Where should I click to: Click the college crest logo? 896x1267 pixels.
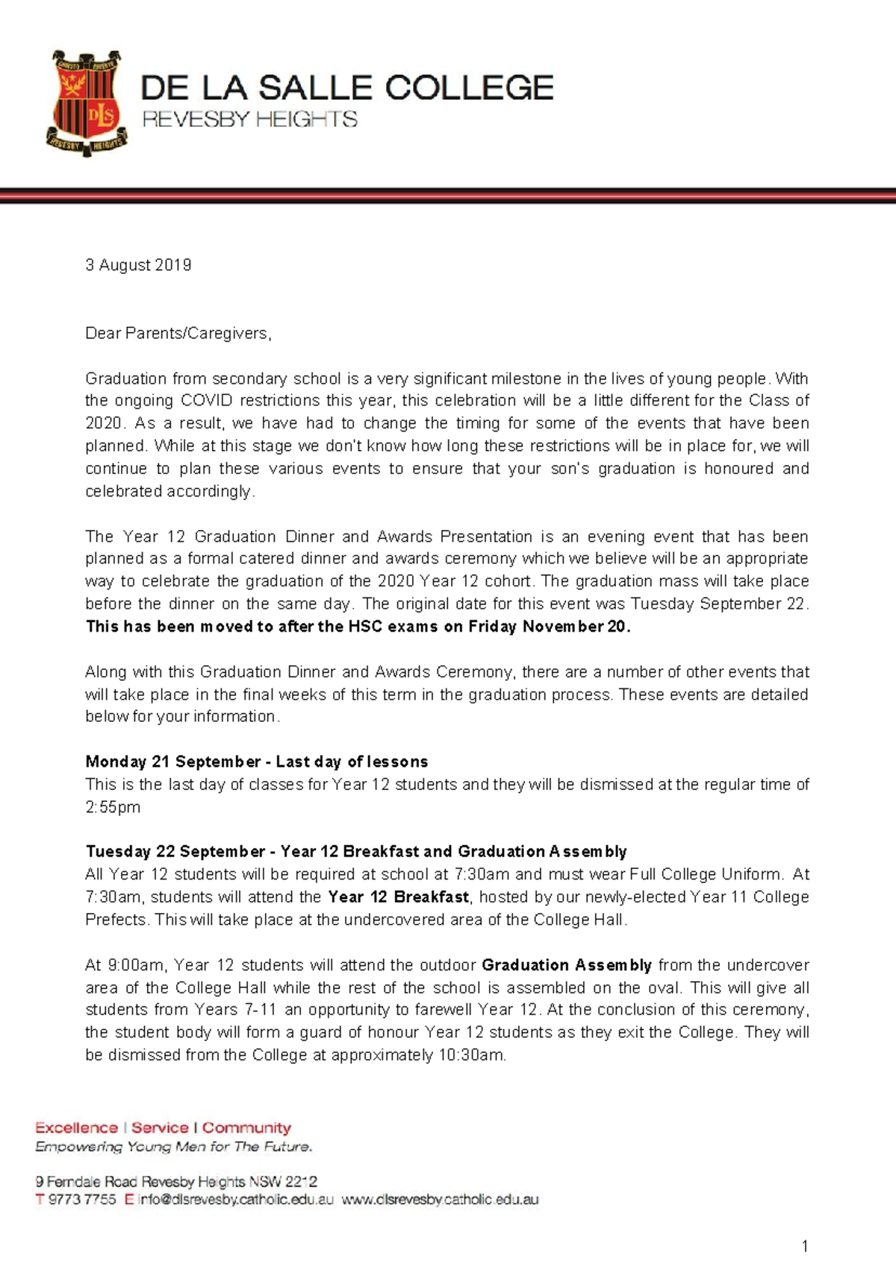coord(84,102)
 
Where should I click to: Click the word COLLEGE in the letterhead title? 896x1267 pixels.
coord(470,88)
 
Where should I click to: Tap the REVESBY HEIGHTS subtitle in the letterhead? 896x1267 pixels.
coord(249,119)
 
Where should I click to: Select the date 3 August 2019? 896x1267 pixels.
coord(138,265)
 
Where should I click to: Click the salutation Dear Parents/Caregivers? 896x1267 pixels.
coord(178,333)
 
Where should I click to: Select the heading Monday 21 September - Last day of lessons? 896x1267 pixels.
coord(256,762)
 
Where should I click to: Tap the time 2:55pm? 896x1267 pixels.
coord(113,807)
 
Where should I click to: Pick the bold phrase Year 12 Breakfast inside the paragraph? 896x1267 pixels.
coord(398,897)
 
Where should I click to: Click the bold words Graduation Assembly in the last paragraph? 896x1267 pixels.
coord(567,965)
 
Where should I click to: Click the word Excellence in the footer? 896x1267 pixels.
coord(76,1127)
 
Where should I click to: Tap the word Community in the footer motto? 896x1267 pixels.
coord(246,1127)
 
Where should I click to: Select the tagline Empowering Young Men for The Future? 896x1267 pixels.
coord(173,1146)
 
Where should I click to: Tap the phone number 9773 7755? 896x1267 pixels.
coord(82,1200)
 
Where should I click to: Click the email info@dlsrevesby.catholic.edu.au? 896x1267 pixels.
coord(236,1200)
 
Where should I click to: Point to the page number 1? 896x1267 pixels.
coord(804,1245)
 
